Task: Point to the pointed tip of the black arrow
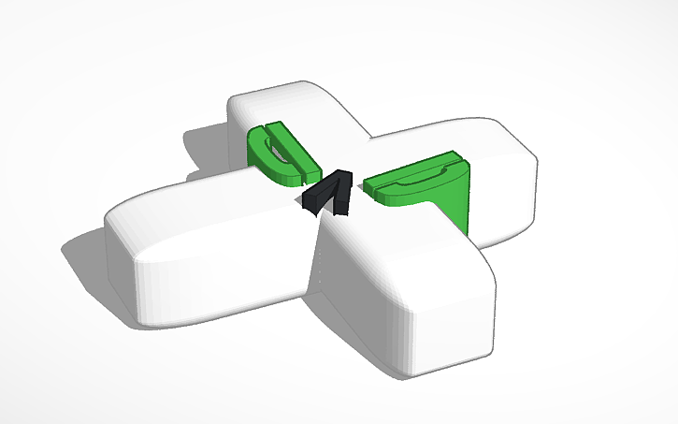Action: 341,173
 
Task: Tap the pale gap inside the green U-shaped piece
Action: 279,150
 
